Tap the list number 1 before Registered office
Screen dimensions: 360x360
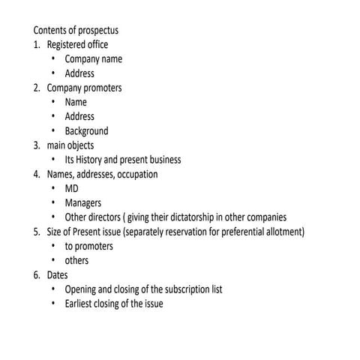click(36, 45)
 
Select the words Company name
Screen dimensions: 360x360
click(94, 59)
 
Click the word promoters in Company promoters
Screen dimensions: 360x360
click(103, 88)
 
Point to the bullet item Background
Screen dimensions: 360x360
click(86, 131)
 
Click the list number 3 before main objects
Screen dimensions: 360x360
click(36, 145)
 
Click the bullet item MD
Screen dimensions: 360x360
click(72, 189)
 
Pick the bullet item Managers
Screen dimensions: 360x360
click(82, 203)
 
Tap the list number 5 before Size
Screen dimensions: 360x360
click(36, 232)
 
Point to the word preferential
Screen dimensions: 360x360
click(238, 232)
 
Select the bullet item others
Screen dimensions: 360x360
click(76, 261)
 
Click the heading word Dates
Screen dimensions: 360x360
click(57, 275)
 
